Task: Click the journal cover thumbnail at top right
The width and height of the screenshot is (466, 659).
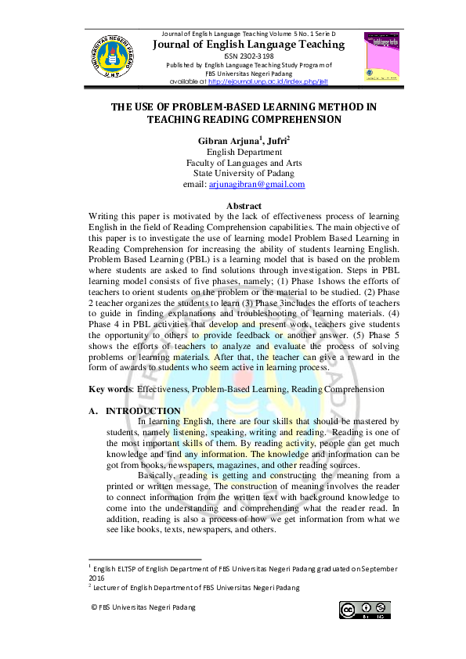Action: point(383,57)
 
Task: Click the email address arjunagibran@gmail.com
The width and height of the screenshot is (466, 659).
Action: point(256,185)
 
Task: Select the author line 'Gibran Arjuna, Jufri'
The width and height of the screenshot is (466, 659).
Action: point(246,141)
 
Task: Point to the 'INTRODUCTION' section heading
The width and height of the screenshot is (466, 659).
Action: point(143,411)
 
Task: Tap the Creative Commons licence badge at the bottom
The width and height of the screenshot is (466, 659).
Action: point(364,608)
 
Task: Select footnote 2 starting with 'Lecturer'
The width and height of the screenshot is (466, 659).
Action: point(196,588)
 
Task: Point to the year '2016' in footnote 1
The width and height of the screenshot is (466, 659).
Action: point(98,578)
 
